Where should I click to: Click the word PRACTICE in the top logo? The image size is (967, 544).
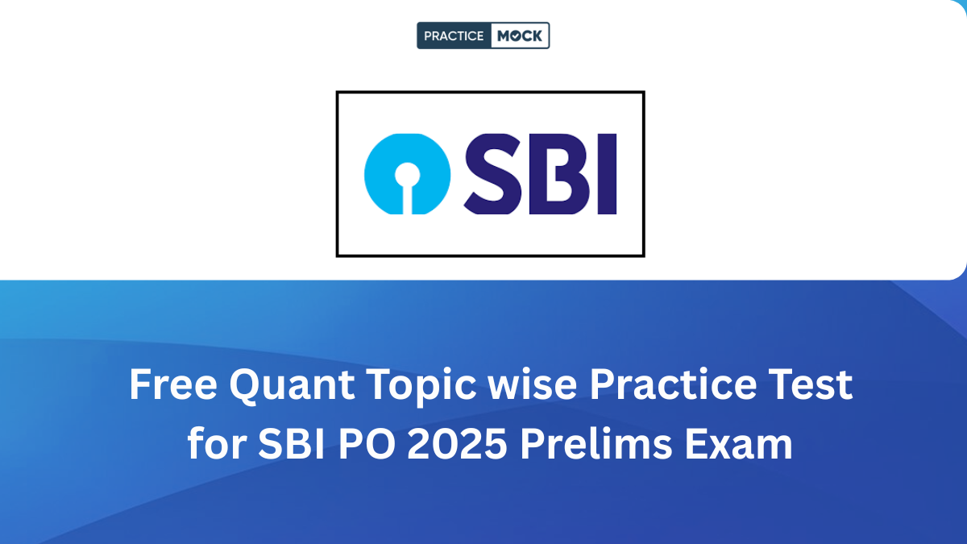(x=454, y=35)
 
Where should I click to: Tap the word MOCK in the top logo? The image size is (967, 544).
(x=521, y=35)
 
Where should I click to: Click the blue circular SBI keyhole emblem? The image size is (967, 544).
(x=405, y=173)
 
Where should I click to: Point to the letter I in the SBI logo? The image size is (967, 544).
(x=606, y=173)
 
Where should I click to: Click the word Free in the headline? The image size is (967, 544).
(x=172, y=386)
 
